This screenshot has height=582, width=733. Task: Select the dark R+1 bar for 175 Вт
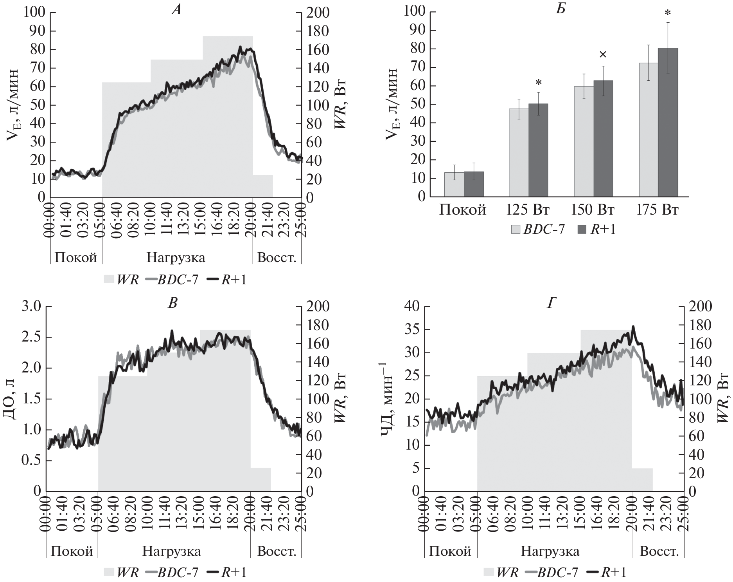(668, 122)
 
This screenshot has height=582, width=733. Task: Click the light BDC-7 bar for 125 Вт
(519, 153)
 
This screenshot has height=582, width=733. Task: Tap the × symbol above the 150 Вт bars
(603, 54)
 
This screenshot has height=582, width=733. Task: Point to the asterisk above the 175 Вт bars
(668, 13)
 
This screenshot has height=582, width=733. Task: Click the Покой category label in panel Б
(463, 210)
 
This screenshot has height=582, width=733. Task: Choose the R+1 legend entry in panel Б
(596, 229)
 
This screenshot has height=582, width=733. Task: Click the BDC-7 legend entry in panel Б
(538, 229)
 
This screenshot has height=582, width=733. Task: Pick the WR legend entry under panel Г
(501, 572)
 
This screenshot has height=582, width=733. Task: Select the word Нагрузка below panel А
(176, 258)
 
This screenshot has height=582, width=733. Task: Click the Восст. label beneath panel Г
(659, 551)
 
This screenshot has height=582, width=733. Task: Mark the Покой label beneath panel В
(72, 551)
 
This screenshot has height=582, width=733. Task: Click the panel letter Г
(552, 303)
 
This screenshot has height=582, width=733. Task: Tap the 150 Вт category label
(593, 210)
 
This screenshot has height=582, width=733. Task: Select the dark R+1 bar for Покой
(474, 184)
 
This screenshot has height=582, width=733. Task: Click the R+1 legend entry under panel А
(226, 279)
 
